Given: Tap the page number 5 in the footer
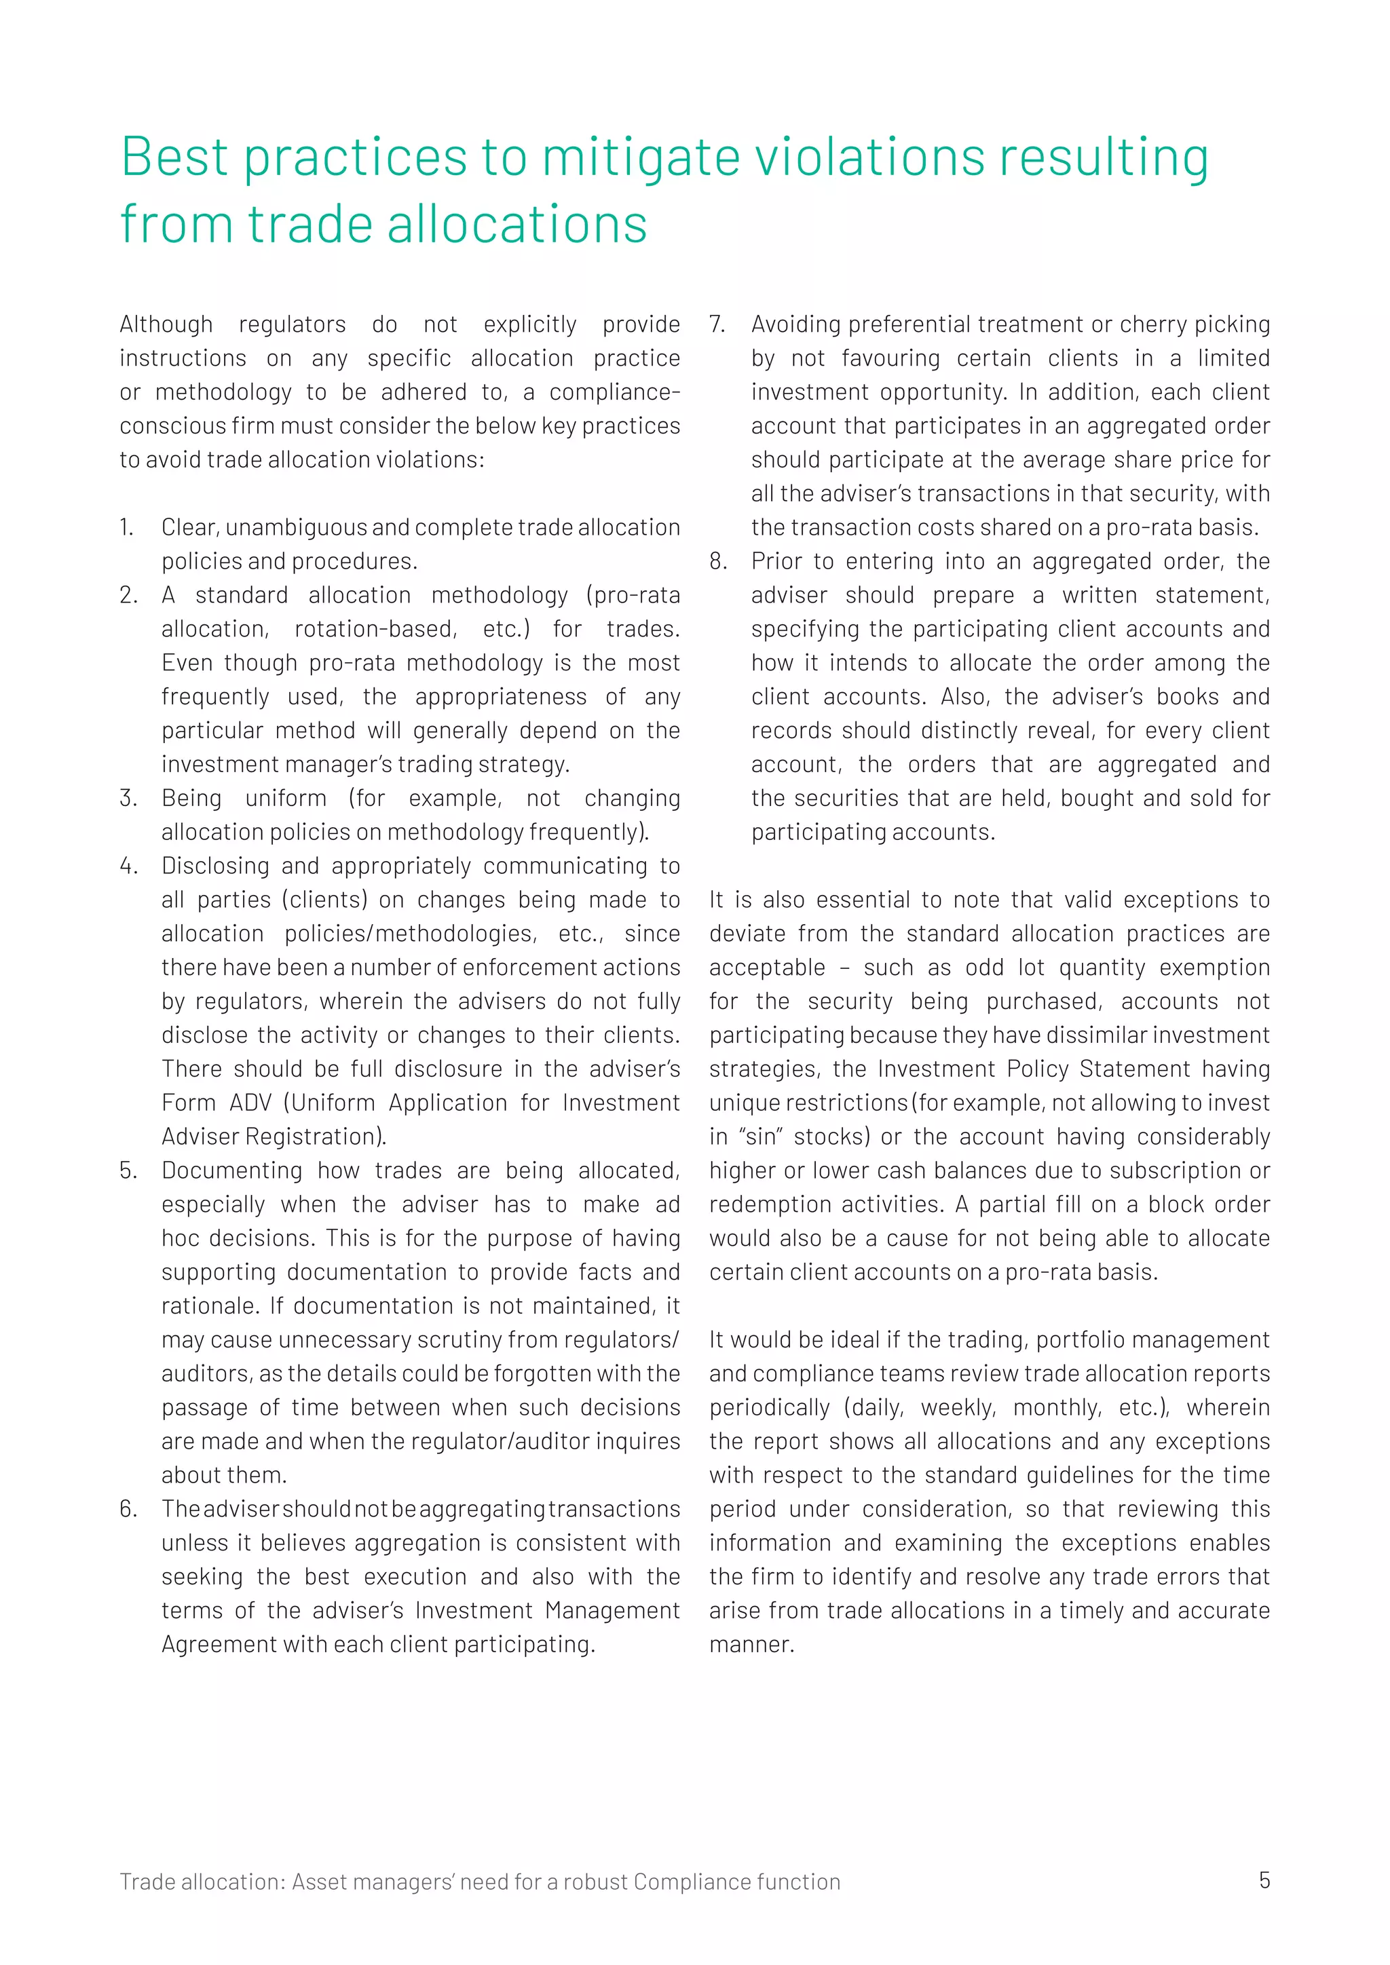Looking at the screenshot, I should [x=1264, y=1880].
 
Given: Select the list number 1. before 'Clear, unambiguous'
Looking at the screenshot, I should [x=127, y=528].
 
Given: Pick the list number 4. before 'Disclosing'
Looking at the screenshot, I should [x=128, y=866].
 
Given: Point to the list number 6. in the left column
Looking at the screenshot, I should [x=128, y=1509].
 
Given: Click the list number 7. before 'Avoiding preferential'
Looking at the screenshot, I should [x=717, y=325].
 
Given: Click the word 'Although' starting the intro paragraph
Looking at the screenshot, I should [x=166, y=325].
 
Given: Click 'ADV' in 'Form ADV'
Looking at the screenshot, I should [x=250, y=1103].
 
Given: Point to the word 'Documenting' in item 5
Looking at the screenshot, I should [x=232, y=1170].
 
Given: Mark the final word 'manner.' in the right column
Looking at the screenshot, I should [x=751, y=1645].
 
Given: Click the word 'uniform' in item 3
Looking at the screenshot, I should [x=285, y=799].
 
